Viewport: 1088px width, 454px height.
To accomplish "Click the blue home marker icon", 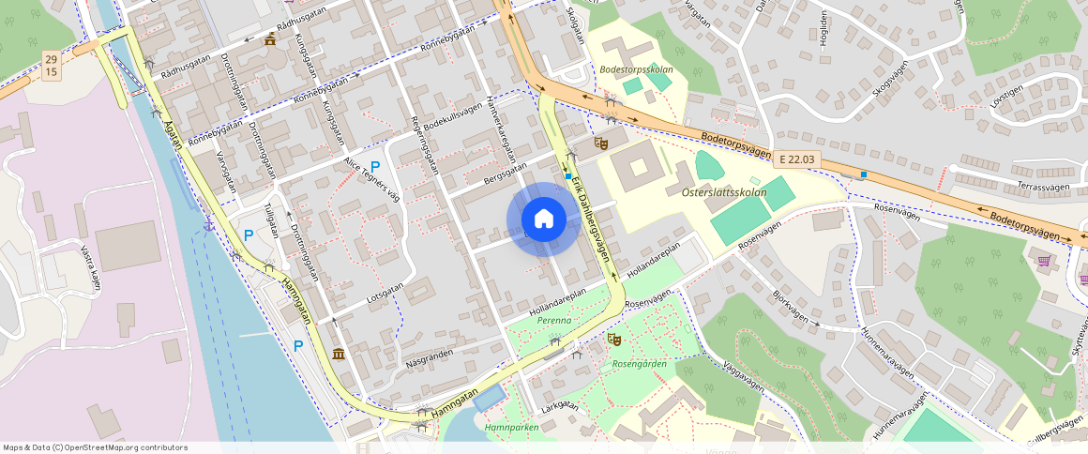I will (x=543, y=219).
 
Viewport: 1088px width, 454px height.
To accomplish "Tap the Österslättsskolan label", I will (x=718, y=192).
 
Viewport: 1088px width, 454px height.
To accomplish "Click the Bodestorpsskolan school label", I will (x=636, y=70).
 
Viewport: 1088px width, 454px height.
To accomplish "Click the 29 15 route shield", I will (x=51, y=66).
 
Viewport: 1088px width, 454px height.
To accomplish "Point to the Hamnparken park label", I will (x=512, y=427).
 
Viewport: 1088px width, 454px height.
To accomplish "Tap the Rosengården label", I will (x=639, y=364).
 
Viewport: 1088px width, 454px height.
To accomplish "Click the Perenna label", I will (x=553, y=321).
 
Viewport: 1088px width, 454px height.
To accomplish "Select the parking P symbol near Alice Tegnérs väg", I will (x=375, y=167).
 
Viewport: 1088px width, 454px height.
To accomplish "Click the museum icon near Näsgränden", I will (x=337, y=353).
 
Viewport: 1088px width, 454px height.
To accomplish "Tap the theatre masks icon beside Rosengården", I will (x=614, y=338).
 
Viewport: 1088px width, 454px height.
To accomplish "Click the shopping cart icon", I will (x=1044, y=259).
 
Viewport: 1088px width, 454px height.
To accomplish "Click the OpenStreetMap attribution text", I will (x=95, y=447).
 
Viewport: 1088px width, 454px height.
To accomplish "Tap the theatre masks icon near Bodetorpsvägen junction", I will (x=601, y=143).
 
